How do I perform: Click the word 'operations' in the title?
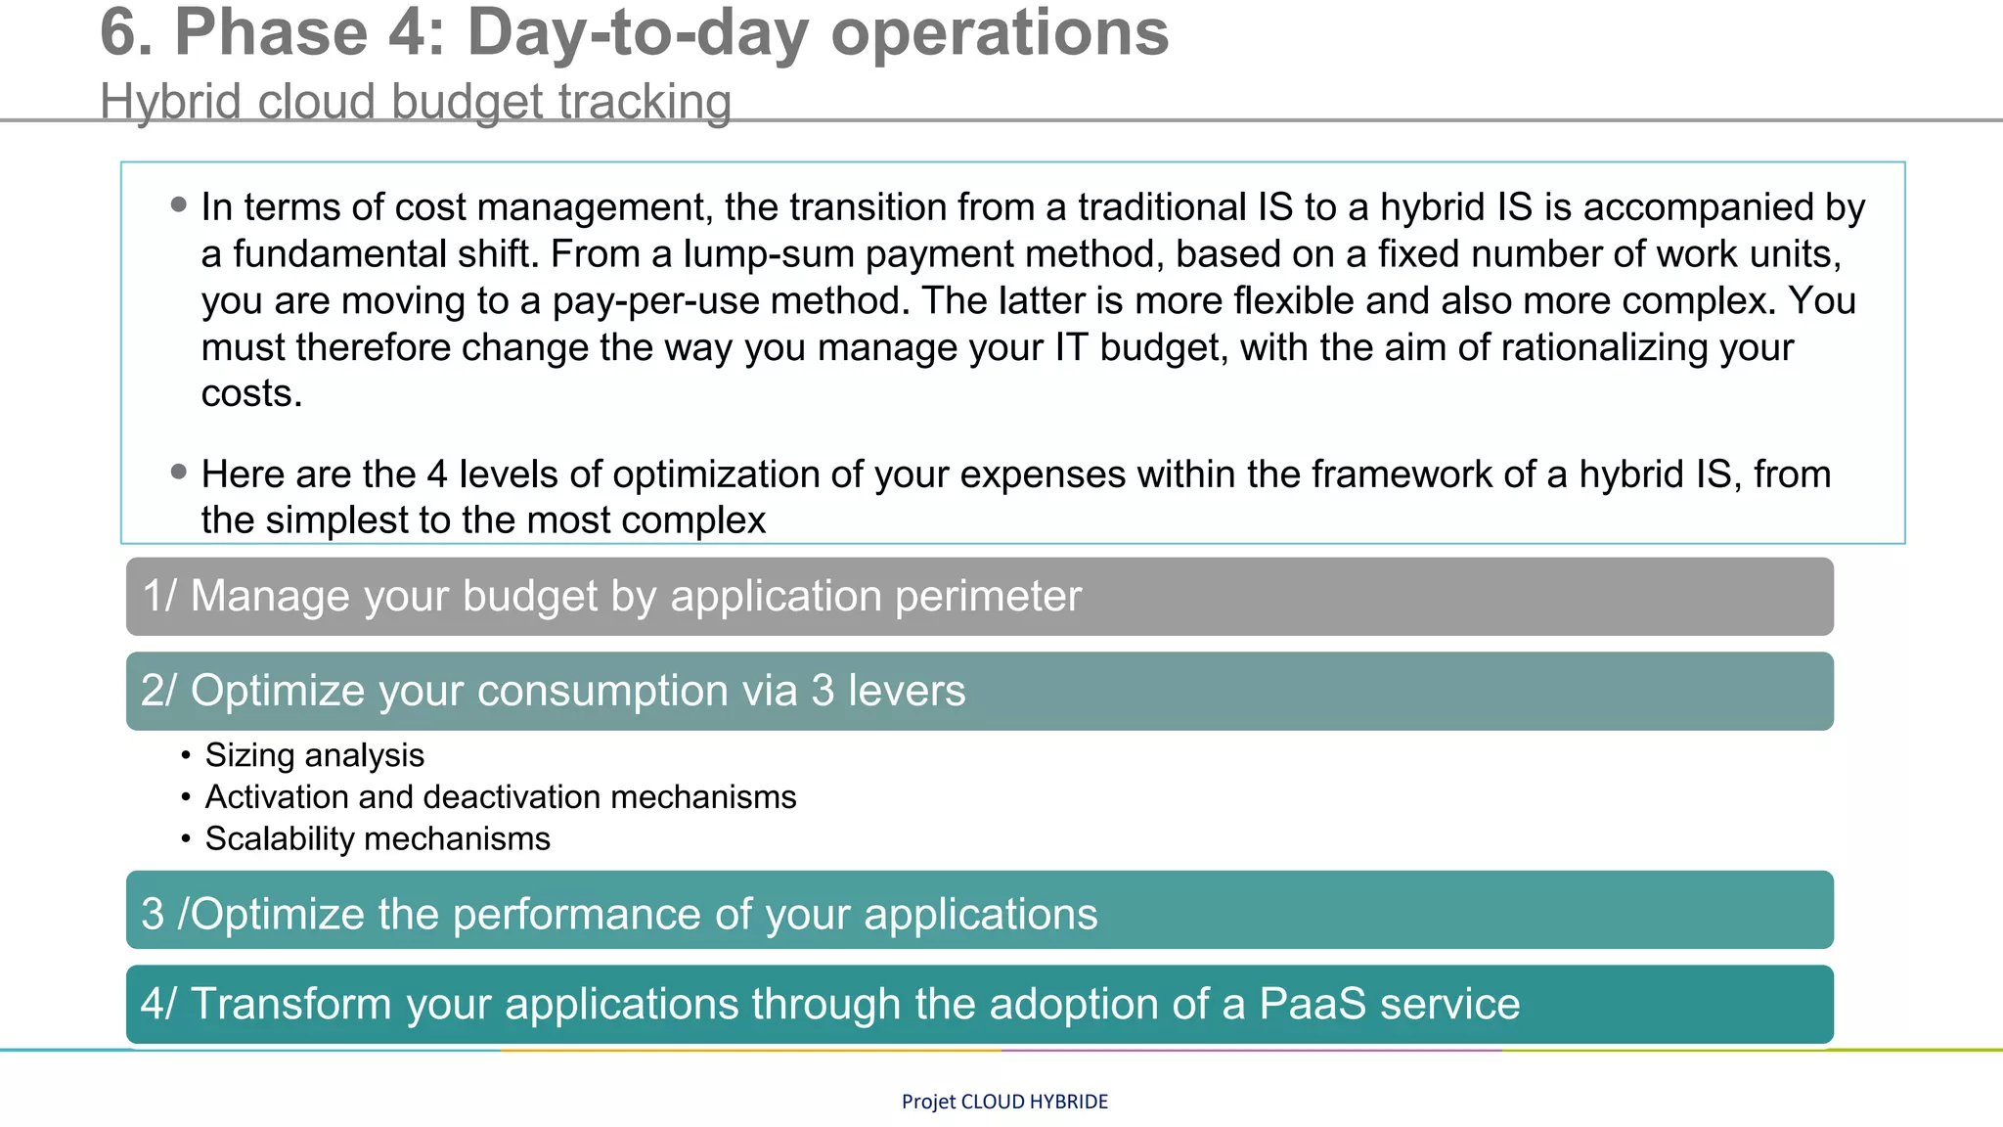(1000, 33)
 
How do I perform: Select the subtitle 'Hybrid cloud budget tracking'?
(416, 102)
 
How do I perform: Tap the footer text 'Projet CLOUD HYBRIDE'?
(1004, 1102)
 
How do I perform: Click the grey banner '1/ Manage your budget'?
(979, 597)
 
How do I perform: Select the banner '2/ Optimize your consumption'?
(979, 691)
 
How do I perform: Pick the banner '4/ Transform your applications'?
(979, 1005)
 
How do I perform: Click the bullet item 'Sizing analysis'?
(314, 755)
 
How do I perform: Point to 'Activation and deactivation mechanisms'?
(500, 797)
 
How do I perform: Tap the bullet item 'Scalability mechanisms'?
(377, 839)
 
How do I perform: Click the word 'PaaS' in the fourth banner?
(1312, 1005)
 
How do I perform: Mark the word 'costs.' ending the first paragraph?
(251, 394)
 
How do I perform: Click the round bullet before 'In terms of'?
(178, 204)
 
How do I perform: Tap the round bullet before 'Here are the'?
(178, 472)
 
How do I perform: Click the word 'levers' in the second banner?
(906, 691)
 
